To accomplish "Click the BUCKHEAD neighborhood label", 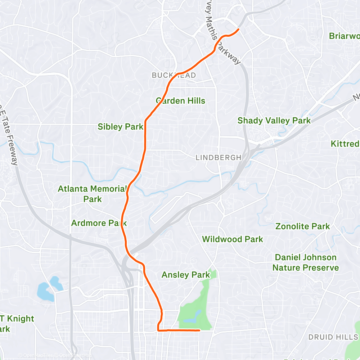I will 174,75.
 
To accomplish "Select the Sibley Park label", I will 120,127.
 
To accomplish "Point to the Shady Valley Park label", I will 274,121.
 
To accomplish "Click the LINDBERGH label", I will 218,158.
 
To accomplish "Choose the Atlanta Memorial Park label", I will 92,194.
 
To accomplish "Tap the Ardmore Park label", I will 99,223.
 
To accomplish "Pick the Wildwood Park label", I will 233,239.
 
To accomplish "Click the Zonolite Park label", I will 303,226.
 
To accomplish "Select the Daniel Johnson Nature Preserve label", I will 306,262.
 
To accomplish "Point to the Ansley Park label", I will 185,275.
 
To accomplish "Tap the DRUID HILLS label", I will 333,337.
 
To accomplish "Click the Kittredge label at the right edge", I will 345,144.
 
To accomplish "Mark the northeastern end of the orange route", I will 239,29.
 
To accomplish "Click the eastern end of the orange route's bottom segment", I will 199,330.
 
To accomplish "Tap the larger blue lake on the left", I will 43,290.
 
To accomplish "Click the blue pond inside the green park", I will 191,317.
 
